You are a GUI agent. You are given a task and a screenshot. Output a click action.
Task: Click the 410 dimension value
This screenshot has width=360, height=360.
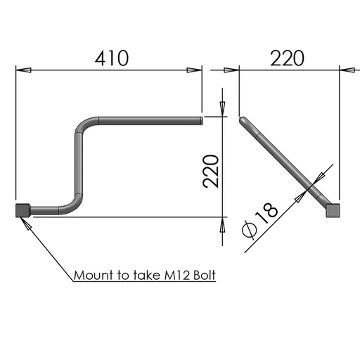point(112,58)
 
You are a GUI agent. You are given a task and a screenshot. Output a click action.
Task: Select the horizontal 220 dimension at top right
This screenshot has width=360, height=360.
point(287,58)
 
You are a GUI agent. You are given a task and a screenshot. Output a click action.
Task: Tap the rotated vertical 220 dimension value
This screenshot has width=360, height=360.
point(211,172)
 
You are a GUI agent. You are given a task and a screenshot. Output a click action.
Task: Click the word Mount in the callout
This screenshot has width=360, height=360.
point(94,275)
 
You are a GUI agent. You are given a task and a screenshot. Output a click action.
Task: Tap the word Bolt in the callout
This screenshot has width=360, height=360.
point(205,275)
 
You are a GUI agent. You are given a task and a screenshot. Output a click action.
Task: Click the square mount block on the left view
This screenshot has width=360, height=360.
point(22,210)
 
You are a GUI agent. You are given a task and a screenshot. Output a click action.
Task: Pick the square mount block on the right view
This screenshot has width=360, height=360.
point(333,210)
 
